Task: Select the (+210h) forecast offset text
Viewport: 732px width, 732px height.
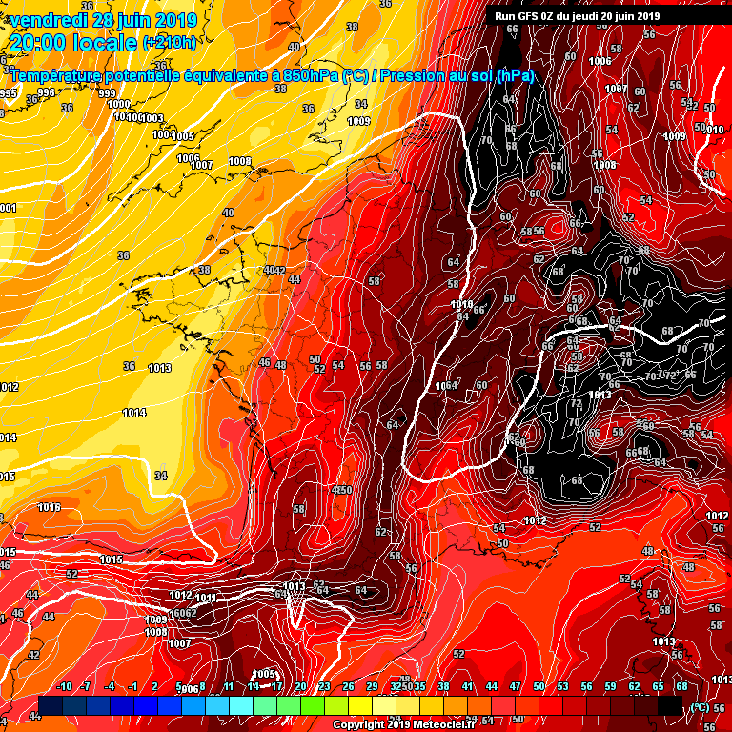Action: point(170,43)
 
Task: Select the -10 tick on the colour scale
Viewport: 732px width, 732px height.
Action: point(65,687)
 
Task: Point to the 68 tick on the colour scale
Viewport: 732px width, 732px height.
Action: point(681,687)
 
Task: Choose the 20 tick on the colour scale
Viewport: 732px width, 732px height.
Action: point(300,687)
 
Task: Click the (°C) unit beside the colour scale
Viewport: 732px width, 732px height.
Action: point(700,707)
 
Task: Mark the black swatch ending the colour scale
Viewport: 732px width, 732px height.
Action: point(670,705)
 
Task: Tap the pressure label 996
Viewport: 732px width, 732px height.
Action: point(46,92)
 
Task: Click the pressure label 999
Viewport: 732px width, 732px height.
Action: point(107,93)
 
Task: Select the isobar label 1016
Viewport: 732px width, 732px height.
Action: point(49,508)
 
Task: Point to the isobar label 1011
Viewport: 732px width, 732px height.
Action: point(206,598)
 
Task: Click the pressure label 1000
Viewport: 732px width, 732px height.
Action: point(118,105)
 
